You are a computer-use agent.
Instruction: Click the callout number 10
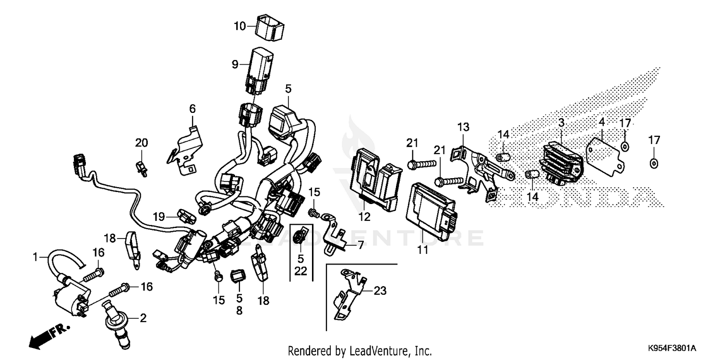point(240,26)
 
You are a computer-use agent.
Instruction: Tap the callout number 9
point(235,64)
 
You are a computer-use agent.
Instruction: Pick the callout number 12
point(364,217)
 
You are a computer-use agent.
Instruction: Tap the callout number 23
point(380,291)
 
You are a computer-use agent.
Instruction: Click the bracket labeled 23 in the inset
point(348,295)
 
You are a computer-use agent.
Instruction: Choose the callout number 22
point(300,271)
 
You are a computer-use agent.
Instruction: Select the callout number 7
point(360,245)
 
